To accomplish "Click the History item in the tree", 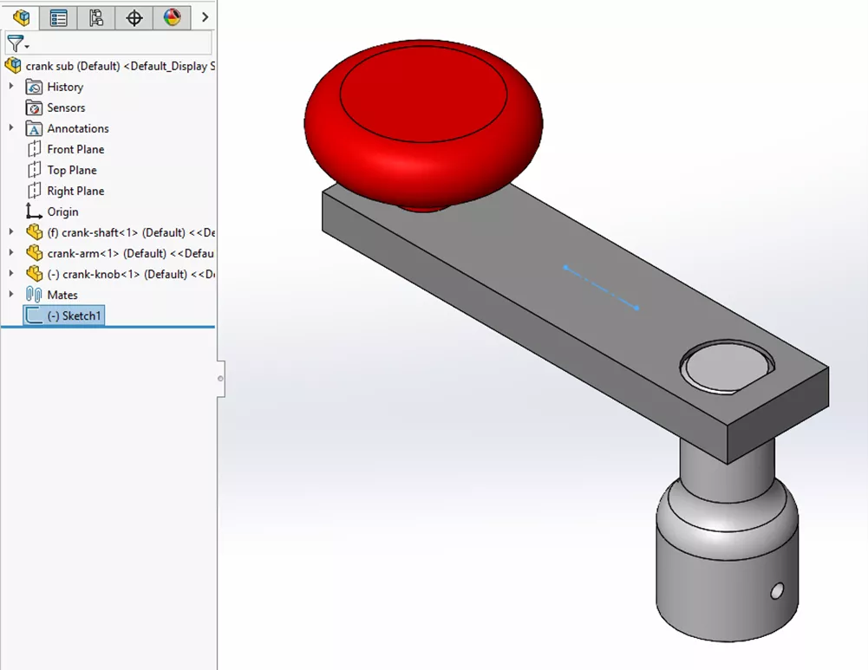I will (64, 87).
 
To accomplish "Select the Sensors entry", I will (65, 107).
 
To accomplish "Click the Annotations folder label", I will (77, 128).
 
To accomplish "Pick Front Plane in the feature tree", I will (75, 149).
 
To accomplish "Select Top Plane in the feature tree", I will (71, 170).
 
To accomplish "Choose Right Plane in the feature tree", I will (75, 191).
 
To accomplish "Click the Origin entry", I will (62, 211).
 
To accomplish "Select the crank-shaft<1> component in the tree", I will (121, 232).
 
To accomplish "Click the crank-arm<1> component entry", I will (121, 253).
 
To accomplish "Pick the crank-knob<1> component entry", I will (121, 274).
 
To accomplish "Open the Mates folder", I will (62, 295).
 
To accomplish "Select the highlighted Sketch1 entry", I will (74, 315).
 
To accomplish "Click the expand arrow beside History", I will (11, 87).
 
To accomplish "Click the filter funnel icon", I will (15, 43).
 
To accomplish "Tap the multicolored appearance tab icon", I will (172, 17).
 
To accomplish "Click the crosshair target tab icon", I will (134, 17).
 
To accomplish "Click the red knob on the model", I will (423, 121).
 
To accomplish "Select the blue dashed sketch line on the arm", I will (601, 287).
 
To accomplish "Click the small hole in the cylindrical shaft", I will (777, 590).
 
